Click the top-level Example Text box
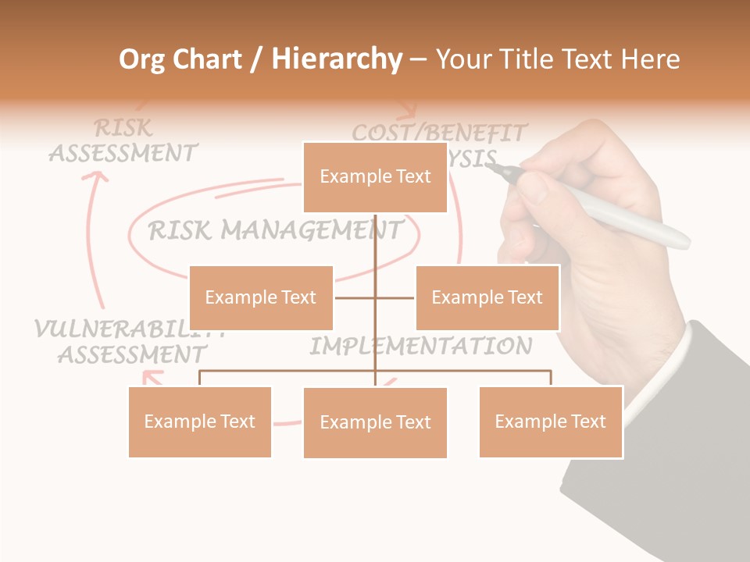click(375, 177)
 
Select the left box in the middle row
click(261, 297)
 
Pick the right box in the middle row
click(487, 297)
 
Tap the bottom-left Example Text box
click(199, 421)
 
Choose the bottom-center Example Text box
click(375, 422)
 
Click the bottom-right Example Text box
click(550, 421)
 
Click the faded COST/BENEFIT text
click(439, 132)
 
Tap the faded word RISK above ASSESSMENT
click(123, 127)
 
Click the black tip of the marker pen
click(507, 171)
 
